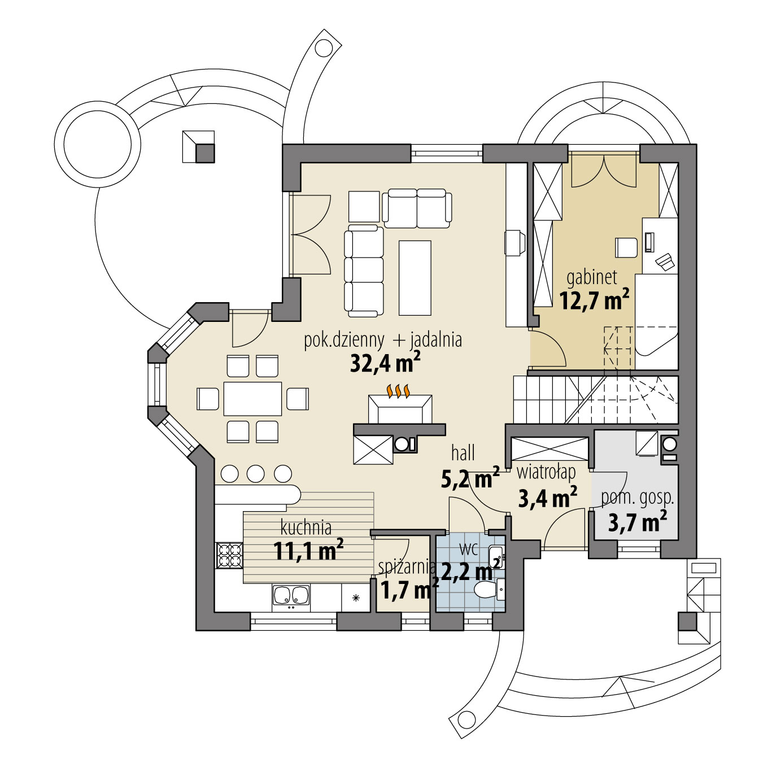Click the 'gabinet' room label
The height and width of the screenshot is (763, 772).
coord(591,277)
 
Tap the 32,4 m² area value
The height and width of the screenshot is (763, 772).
coord(385,363)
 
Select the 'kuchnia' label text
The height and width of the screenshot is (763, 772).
coord(306,527)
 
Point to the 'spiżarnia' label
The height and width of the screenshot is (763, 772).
coord(407,566)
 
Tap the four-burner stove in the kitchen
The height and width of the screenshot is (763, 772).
coord(229,555)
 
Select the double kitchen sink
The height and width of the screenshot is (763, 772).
coord(291,595)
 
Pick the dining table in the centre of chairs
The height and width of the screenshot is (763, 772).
coord(252,399)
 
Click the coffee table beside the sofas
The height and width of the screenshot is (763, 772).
coord(415,277)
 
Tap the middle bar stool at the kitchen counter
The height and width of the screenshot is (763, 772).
coord(256,473)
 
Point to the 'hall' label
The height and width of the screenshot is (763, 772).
coord(463,452)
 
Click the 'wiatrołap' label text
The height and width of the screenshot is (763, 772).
coord(546,472)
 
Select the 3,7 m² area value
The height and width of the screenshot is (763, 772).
coord(637,522)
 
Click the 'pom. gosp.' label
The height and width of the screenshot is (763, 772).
coord(637,498)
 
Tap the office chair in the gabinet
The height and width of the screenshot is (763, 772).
coord(626,247)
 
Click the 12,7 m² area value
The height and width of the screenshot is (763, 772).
coord(594,300)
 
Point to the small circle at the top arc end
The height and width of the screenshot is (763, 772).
coord(324,49)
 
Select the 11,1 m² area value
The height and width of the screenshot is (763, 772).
coord(308,551)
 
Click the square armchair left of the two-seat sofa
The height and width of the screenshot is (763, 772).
coord(364,207)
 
